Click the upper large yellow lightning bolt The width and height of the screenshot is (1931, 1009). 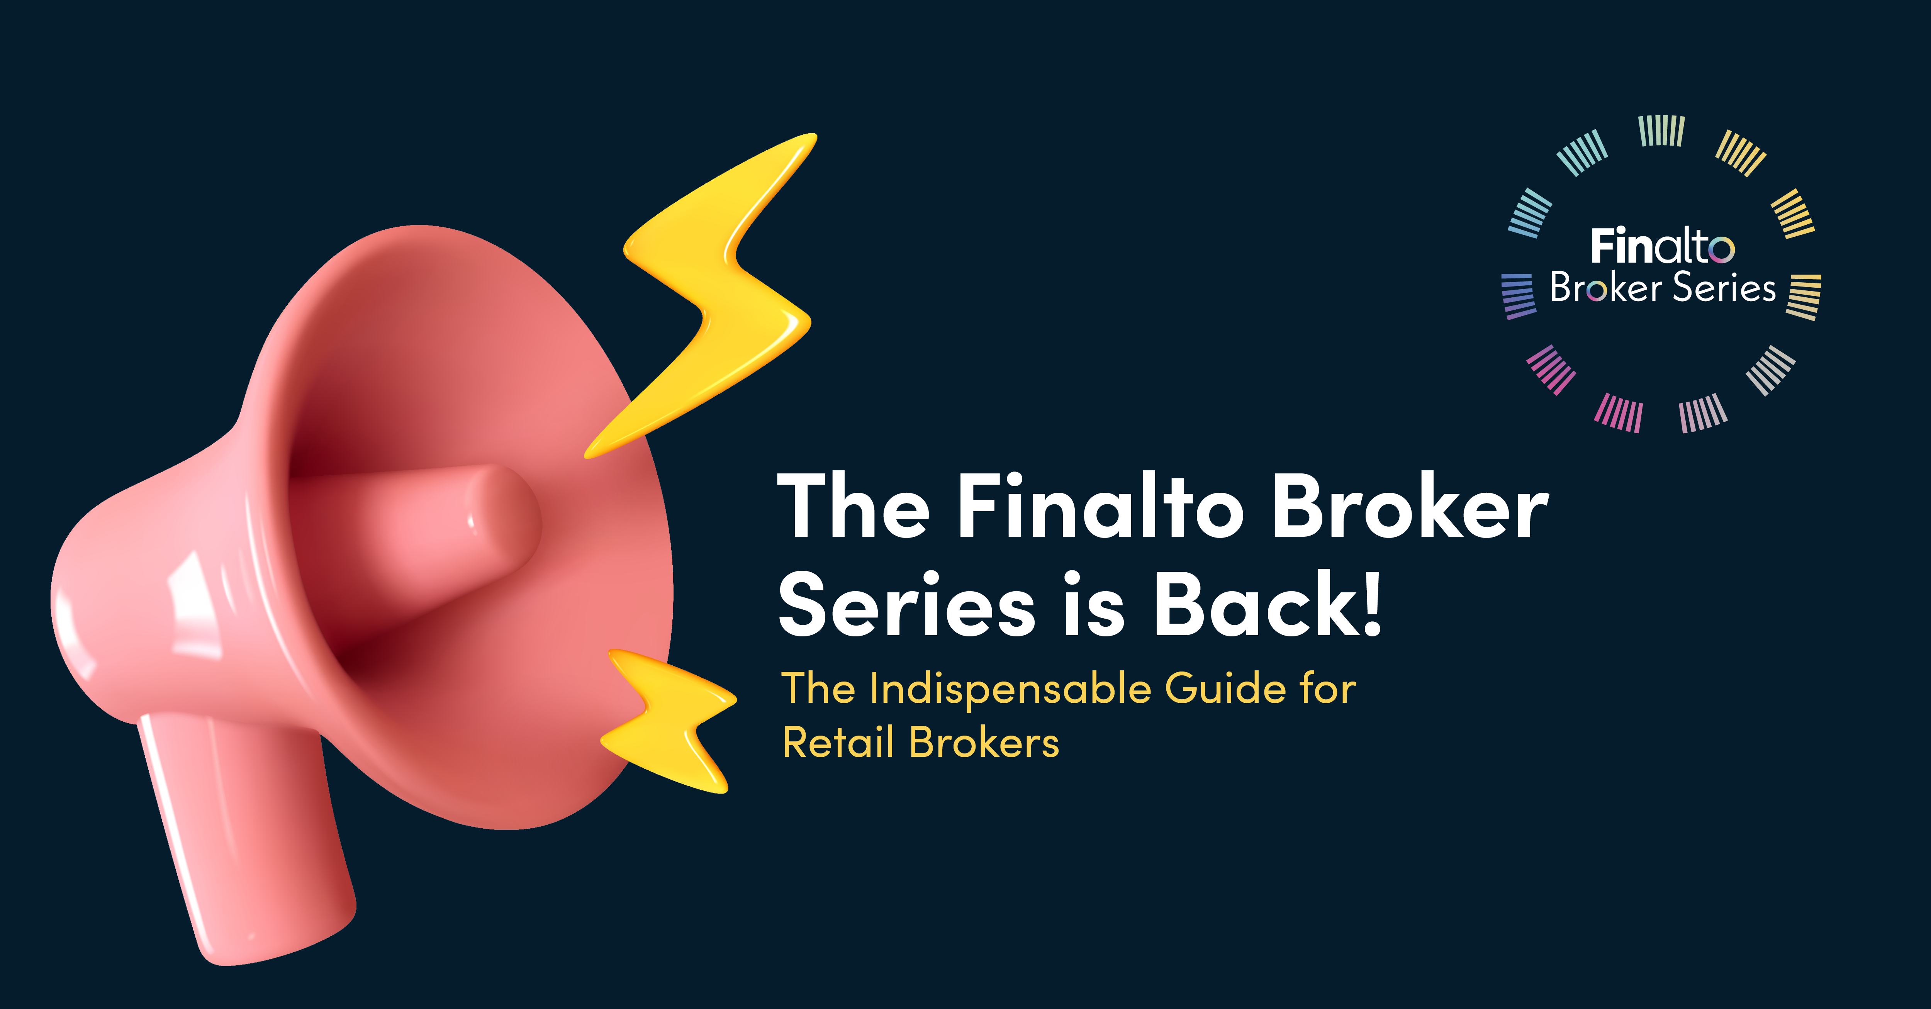point(719,300)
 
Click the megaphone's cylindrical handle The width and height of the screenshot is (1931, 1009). point(240,832)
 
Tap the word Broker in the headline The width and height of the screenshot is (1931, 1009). point(1411,506)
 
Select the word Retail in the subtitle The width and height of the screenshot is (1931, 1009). point(838,742)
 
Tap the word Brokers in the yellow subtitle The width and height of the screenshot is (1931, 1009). point(984,742)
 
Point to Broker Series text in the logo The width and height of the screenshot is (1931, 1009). point(1663,287)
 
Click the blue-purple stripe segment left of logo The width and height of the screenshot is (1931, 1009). point(1519,296)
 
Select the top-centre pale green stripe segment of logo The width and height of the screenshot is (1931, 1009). point(1662,131)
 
